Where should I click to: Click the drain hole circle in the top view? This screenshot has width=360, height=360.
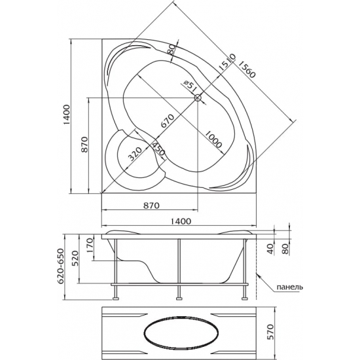(198, 98)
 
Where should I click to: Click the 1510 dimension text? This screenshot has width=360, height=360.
(226, 62)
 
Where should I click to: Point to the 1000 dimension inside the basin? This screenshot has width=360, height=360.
(213, 139)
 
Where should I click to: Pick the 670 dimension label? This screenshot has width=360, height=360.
(168, 121)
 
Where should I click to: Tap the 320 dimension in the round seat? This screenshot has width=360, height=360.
(135, 154)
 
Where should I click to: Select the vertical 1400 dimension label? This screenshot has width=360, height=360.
(66, 115)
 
